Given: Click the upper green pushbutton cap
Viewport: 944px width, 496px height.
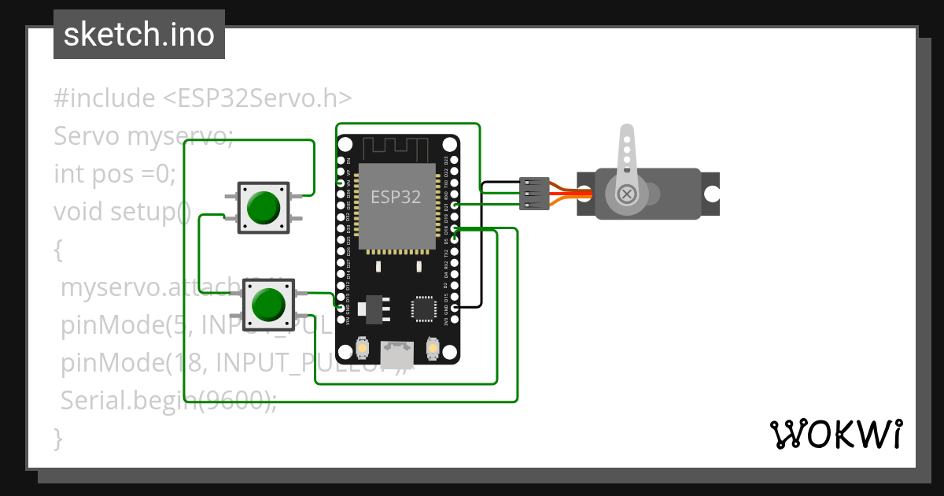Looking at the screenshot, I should [x=264, y=207].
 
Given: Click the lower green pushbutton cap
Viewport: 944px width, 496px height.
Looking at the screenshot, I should [x=267, y=304].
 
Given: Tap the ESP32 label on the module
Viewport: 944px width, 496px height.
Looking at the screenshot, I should [x=396, y=197].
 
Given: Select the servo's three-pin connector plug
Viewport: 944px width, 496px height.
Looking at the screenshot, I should [x=535, y=194].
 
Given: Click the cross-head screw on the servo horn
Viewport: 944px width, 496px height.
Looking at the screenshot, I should [x=627, y=194].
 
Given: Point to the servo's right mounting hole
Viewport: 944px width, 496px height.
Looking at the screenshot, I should [x=711, y=194].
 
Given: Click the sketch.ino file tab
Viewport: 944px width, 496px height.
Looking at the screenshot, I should [x=139, y=35].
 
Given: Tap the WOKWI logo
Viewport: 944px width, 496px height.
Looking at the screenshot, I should [x=835, y=434].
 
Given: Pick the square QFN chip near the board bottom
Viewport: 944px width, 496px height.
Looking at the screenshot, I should [x=425, y=308].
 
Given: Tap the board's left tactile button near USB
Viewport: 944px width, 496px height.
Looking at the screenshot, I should [x=363, y=347].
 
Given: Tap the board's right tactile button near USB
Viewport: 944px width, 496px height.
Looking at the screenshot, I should [x=432, y=347].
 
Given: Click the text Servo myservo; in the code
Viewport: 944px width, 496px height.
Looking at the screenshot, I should [x=144, y=136].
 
